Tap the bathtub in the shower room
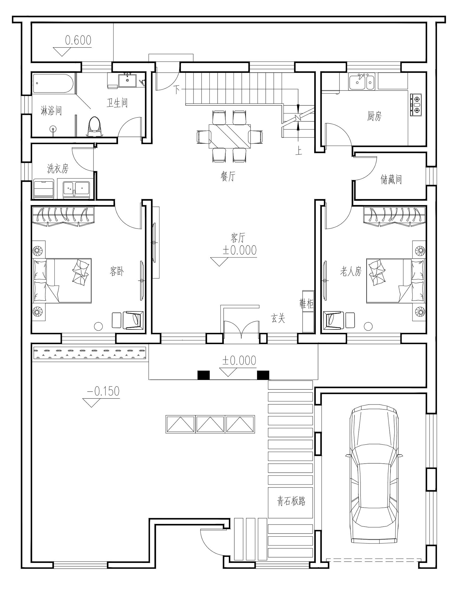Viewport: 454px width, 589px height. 53,84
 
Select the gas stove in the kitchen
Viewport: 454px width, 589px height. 416,105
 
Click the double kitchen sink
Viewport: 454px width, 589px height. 362,81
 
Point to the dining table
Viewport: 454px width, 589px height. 230,136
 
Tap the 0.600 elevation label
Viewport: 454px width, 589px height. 78,40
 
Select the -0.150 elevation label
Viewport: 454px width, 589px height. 103,391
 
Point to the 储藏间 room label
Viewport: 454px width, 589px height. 391,180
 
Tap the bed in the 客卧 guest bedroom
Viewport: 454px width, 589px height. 62,280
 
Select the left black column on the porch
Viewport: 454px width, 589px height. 203,375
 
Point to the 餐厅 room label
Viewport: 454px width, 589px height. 228,176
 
